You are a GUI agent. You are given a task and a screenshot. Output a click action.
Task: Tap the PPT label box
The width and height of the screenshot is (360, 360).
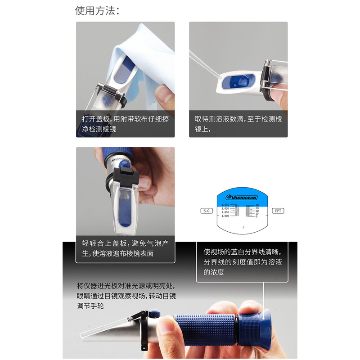[x=278, y=211]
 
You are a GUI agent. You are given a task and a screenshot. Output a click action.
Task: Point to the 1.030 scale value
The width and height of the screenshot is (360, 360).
[x=225, y=205]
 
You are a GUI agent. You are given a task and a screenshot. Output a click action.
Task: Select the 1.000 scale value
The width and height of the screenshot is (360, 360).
[x=225, y=216]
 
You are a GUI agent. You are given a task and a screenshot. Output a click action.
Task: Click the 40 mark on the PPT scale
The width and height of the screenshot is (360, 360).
[x=256, y=205]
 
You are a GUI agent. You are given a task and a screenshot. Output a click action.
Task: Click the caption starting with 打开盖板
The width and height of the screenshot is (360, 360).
[x=125, y=124]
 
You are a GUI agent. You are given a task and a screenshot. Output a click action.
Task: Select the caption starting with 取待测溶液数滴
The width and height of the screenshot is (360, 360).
[x=238, y=124]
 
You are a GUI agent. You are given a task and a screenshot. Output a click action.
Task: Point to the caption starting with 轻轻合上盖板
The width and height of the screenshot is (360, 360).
[x=125, y=248]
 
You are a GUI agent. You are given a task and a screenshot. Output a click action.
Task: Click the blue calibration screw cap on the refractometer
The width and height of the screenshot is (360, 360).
[x=155, y=312]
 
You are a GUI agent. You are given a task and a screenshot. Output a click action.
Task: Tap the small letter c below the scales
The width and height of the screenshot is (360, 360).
[x=243, y=228]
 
